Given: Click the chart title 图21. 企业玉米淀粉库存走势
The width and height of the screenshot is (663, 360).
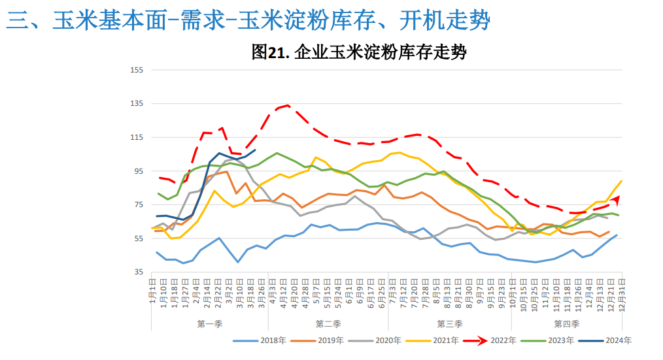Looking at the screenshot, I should pos(359,52).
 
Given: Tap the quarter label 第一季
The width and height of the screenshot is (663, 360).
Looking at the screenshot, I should pos(209,324).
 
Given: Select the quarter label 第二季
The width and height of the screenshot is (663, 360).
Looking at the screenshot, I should pos(328,324).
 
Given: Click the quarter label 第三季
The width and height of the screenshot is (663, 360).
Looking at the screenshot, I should pos(449,324).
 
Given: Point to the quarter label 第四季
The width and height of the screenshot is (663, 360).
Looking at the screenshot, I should pos(566,324).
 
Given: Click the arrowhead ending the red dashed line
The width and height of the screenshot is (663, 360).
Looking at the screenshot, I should pos(617,199).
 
